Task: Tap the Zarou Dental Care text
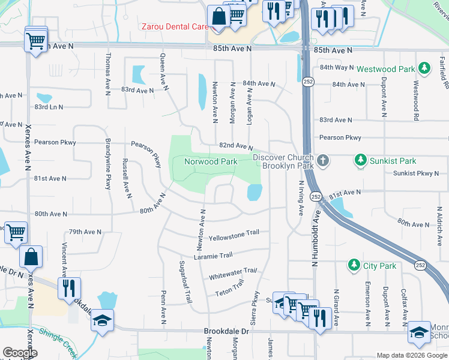coord(175,26)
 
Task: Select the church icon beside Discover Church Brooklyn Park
coord(323,160)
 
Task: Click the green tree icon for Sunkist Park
coord(360,160)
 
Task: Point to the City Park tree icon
coord(354,265)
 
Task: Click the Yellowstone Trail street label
coord(234,236)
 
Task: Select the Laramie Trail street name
coord(213,256)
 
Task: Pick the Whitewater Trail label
coord(232,275)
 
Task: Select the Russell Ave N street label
coord(127,178)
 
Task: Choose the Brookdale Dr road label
coord(226,331)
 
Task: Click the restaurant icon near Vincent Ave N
coord(69,289)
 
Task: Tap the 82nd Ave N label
coord(236,146)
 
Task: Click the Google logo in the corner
coord(19,352)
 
